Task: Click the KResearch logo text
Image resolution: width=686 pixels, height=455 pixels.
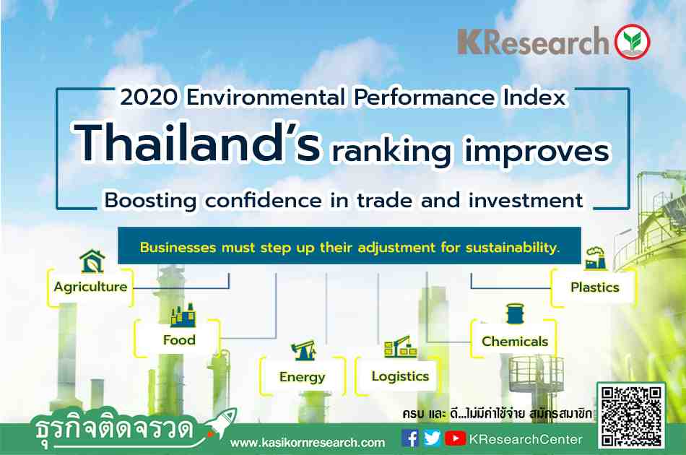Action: click(x=533, y=42)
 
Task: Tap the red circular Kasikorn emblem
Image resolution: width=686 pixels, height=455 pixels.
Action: click(x=632, y=42)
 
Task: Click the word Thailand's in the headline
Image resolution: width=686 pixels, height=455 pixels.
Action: click(x=197, y=143)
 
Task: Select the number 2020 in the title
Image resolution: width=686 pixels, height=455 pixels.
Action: click(x=149, y=97)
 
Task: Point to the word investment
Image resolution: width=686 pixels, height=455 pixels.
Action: click(x=526, y=200)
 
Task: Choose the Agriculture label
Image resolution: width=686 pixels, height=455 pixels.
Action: click(x=90, y=287)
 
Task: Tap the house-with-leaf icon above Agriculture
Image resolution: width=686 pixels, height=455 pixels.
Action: click(x=92, y=261)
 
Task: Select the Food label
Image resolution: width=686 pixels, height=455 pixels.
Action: click(x=179, y=340)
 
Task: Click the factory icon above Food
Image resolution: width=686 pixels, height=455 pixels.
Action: click(x=183, y=316)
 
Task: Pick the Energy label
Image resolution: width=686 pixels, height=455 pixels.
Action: click(x=303, y=377)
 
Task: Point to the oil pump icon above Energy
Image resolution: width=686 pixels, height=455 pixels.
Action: click(x=303, y=350)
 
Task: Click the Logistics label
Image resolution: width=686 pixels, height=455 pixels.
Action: click(x=400, y=377)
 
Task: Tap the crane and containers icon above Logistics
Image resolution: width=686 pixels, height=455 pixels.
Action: click(x=400, y=347)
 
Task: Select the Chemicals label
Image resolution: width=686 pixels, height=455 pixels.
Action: click(x=515, y=341)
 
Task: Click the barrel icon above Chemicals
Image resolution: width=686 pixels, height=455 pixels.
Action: click(x=515, y=313)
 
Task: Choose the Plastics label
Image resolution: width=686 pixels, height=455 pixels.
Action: click(x=595, y=287)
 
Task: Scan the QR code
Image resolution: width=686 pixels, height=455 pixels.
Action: click(x=631, y=415)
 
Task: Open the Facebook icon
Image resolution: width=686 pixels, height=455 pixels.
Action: click(x=410, y=438)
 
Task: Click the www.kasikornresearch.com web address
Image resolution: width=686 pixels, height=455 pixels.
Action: click(x=308, y=443)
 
